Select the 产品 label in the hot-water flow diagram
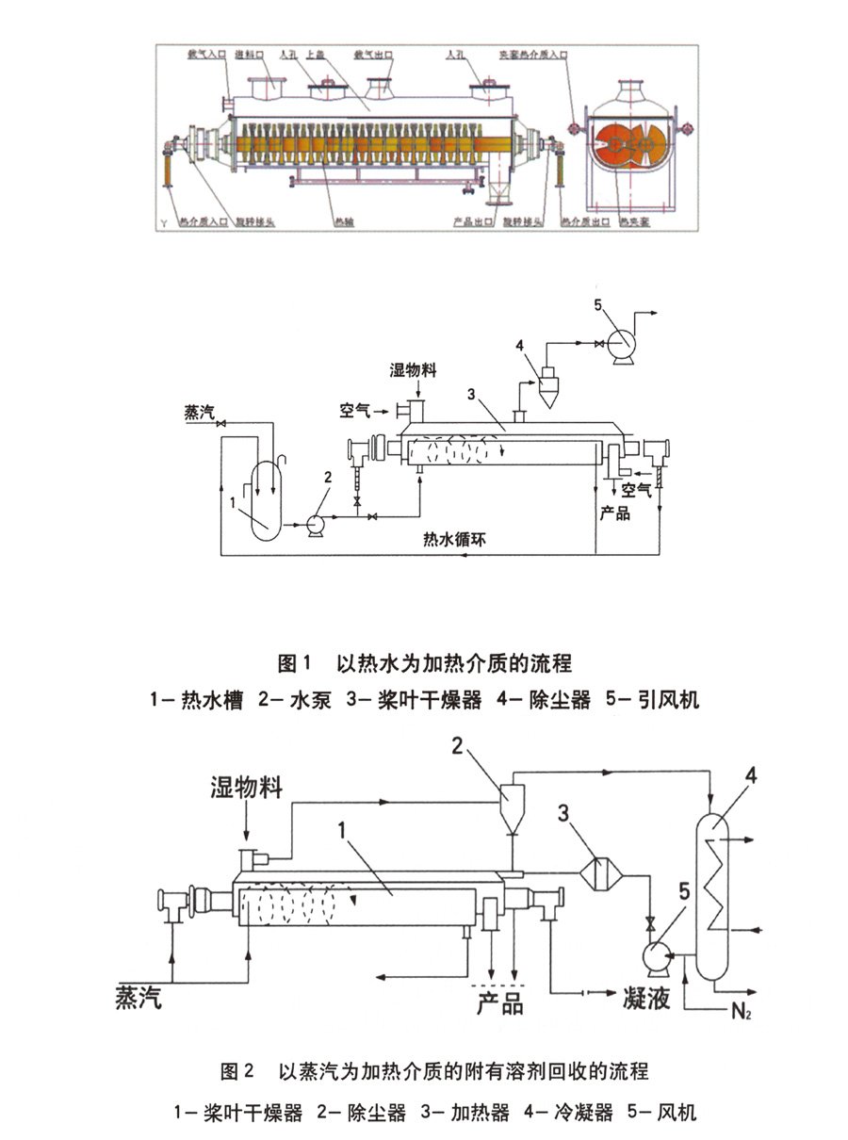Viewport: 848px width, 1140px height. (615, 513)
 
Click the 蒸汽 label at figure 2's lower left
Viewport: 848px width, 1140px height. (139, 997)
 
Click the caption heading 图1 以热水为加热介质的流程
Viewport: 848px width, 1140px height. (425, 663)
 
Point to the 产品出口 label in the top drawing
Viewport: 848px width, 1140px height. (469, 222)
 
